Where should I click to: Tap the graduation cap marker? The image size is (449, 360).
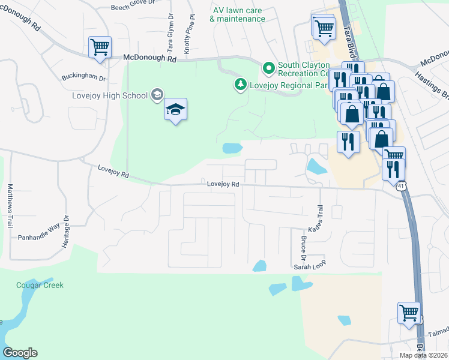175,109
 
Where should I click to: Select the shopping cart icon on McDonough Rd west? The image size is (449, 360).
100,47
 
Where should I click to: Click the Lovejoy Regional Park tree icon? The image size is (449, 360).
240,83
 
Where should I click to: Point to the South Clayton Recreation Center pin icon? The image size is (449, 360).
268,67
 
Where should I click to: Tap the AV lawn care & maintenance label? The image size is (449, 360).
237,14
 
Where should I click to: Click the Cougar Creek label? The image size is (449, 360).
40,285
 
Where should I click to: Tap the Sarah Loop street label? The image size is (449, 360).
309,266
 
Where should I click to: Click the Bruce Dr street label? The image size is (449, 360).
303,247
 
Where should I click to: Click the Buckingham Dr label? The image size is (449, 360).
83,78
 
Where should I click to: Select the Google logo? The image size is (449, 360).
20,353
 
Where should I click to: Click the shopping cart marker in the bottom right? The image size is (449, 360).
409,313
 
